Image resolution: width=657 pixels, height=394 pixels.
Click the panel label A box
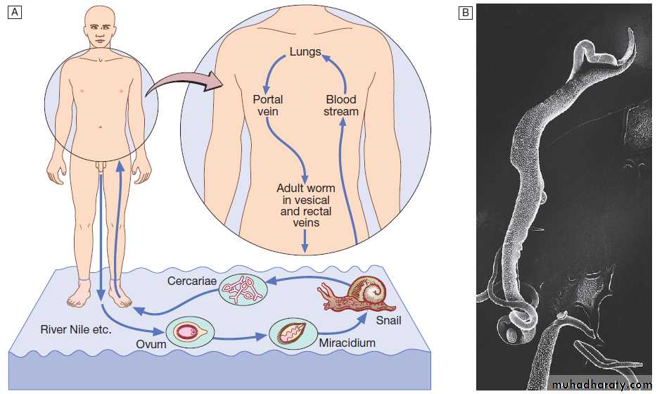pyautogui.click(x=14, y=13)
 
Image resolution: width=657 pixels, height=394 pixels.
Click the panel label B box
pyautogui.click(x=465, y=13)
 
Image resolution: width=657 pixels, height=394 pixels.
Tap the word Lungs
pyautogui.click(x=305, y=52)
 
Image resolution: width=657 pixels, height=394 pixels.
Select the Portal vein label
pyautogui.click(x=268, y=106)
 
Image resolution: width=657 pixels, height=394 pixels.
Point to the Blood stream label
pyautogui.click(x=341, y=106)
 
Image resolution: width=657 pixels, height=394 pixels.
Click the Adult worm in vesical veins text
pyautogui.click(x=305, y=205)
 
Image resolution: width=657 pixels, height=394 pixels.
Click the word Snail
pyautogui.click(x=388, y=322)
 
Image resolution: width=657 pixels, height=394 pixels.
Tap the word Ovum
pyautogui.click(x=152, y=345)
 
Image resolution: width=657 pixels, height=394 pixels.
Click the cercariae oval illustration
pyautogui.click(x=243, y=288)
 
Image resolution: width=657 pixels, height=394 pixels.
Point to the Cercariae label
pyautogui.click(x=189, y=281)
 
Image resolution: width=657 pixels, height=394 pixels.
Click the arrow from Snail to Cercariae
pyautogui.click(x=310, y=281)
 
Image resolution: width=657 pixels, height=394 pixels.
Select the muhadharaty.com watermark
pyautogui.click(x=602, y=385)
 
